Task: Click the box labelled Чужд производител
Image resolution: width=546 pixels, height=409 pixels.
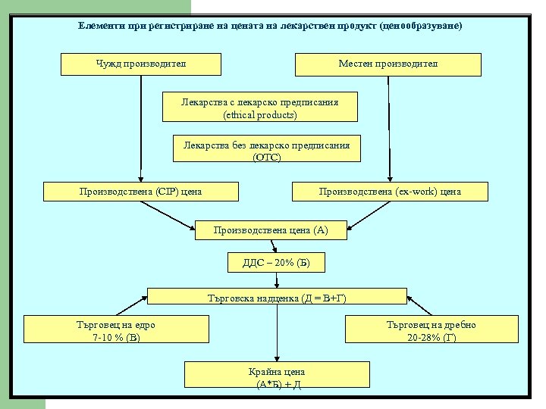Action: click(140, 64)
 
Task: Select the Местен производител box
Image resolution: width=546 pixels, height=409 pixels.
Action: click(388, 64)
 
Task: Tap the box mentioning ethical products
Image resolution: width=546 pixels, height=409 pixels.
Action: click(260, 108)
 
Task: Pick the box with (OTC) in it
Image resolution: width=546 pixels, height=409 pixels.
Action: click(266, 151)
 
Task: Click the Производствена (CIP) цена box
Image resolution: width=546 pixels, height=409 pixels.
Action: click(140, 192)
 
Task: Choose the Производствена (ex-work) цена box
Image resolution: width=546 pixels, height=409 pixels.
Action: click(389, 192)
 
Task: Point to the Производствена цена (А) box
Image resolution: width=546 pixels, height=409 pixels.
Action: click(271, 229)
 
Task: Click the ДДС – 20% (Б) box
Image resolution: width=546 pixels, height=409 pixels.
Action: click(276, 263)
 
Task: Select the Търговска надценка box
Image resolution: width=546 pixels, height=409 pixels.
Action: click(277, 298)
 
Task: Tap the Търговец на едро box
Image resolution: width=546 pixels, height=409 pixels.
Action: click(116, 329)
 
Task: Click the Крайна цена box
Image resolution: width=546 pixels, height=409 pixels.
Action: click(277, 376)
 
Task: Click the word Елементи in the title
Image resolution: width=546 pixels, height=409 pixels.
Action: click(102, 25)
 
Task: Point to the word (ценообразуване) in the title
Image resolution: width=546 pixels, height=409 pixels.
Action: click(422, 25)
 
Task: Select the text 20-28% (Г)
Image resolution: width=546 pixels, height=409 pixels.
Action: click(431, 336)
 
